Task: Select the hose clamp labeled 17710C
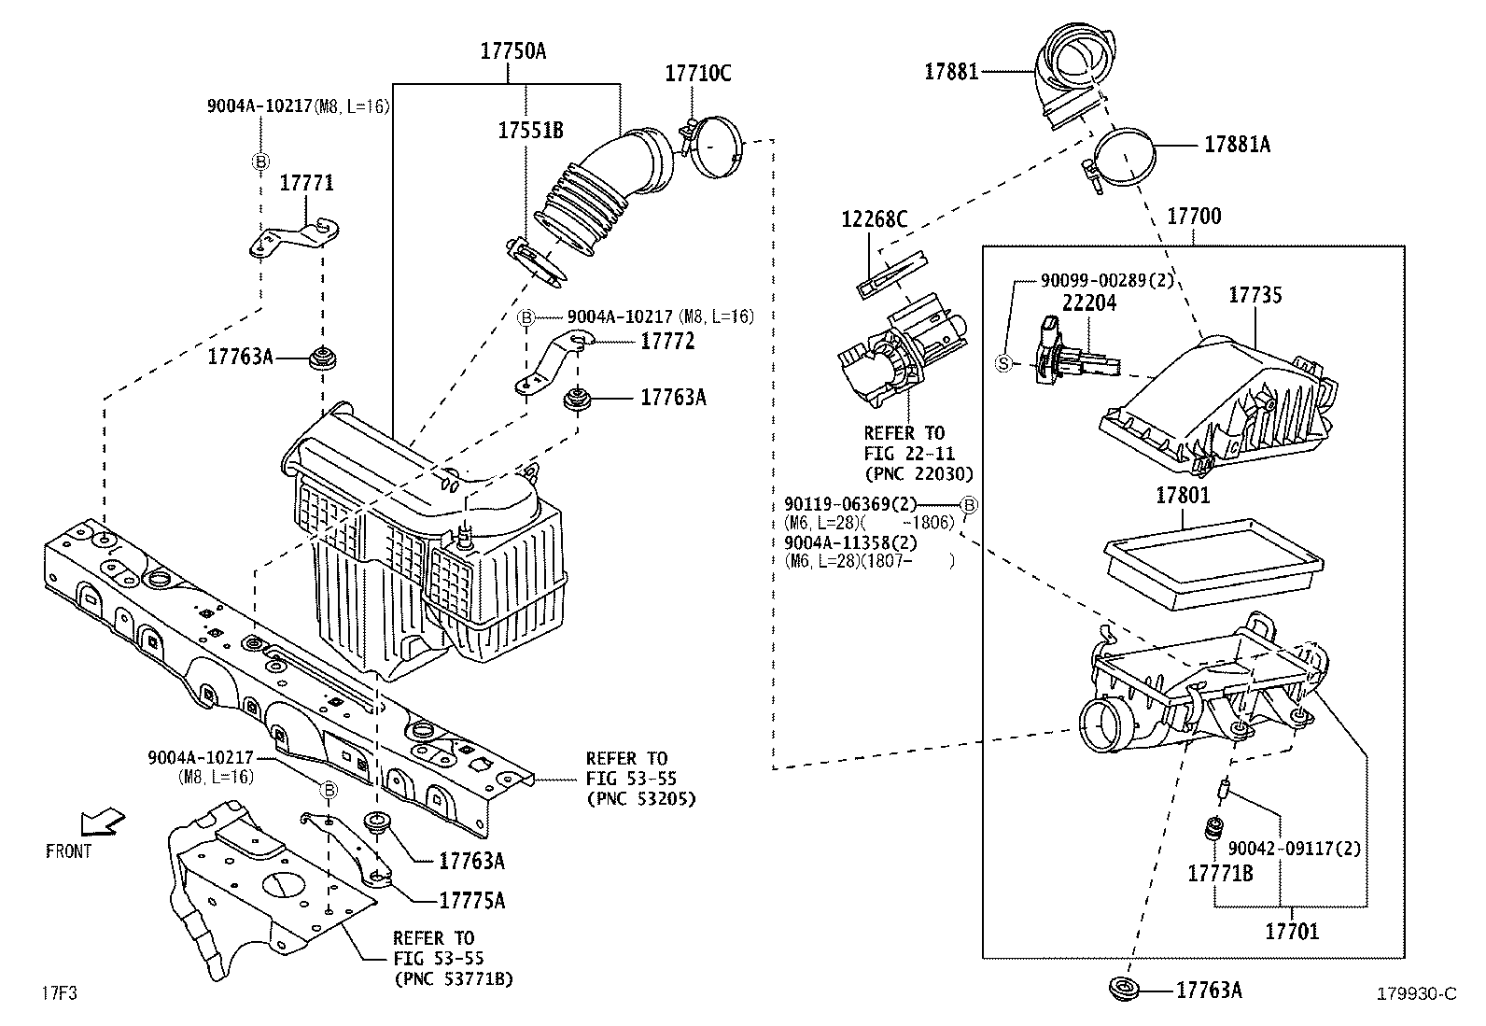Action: (x=717, y=145)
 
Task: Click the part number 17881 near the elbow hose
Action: (x=951, y=71)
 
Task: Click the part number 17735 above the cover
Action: (x=1255, y=295)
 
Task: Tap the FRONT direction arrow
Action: (x=102, y=822)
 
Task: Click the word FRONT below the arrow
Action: (x=68, y=850)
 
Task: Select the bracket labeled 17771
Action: (x=293, y=236)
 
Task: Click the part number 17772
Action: (x=667, y=342)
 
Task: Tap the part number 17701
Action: (x=1292, y=931)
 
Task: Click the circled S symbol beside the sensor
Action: (x=1003, y=363)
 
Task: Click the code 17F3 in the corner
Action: (x=58, y=993)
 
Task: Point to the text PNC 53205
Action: (x=640, y=799)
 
